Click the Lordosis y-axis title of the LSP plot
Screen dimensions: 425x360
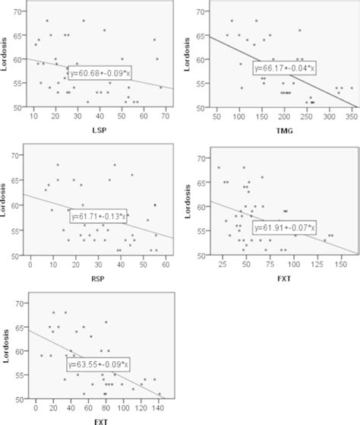tap(7, 58)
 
